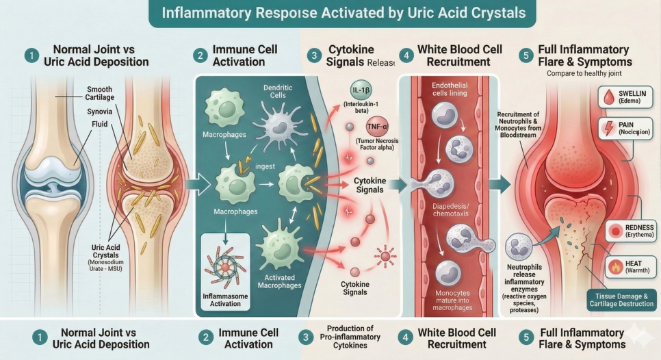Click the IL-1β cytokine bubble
tap(359, 92)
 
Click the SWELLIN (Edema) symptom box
tap(626, 97)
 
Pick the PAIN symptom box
tap(626, 129)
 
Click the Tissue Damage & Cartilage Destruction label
tap(621, 299)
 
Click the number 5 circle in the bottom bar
tap(524, 337)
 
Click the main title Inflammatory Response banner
tap(330, 13)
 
